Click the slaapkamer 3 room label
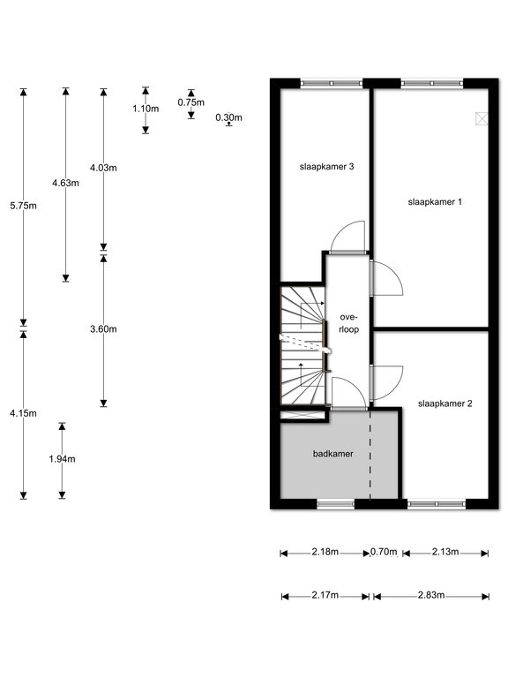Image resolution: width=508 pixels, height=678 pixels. [x=326, y=167]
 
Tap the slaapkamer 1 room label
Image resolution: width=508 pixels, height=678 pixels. [x=435, y=201]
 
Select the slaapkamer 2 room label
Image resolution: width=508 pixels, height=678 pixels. [x=444, y=403]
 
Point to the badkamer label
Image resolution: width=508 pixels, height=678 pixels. [x=333, y=454]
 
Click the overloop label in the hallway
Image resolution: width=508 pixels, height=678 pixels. [x=348, y=323]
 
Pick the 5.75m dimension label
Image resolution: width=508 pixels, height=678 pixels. [x=23, y=206]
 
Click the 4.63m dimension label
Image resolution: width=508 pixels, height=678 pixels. [x=65, y=183]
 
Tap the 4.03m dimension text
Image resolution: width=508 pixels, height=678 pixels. [x=103, y=168]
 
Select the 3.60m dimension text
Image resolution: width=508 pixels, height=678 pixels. [x=103, y=329]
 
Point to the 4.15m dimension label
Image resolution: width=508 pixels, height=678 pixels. [x=23, y=413]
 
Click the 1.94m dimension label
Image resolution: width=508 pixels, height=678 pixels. [x=63, y=459]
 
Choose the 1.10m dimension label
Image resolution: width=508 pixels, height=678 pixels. [x=146, y=109]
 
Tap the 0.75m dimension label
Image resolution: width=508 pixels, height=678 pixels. [x=190, y=102]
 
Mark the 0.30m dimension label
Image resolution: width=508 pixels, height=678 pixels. [x=229, y=117]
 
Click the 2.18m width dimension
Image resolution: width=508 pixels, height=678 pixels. [x=325, y=552]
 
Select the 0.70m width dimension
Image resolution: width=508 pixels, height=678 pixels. [x=384, y=552]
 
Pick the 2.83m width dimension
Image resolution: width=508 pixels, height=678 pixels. [x=431, y=595]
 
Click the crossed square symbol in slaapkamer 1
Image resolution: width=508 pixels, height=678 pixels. [x=482, y=118]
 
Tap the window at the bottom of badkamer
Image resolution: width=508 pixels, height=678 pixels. [x=336, y=504]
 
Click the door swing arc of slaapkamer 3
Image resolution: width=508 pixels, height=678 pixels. [x=341, y=230]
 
